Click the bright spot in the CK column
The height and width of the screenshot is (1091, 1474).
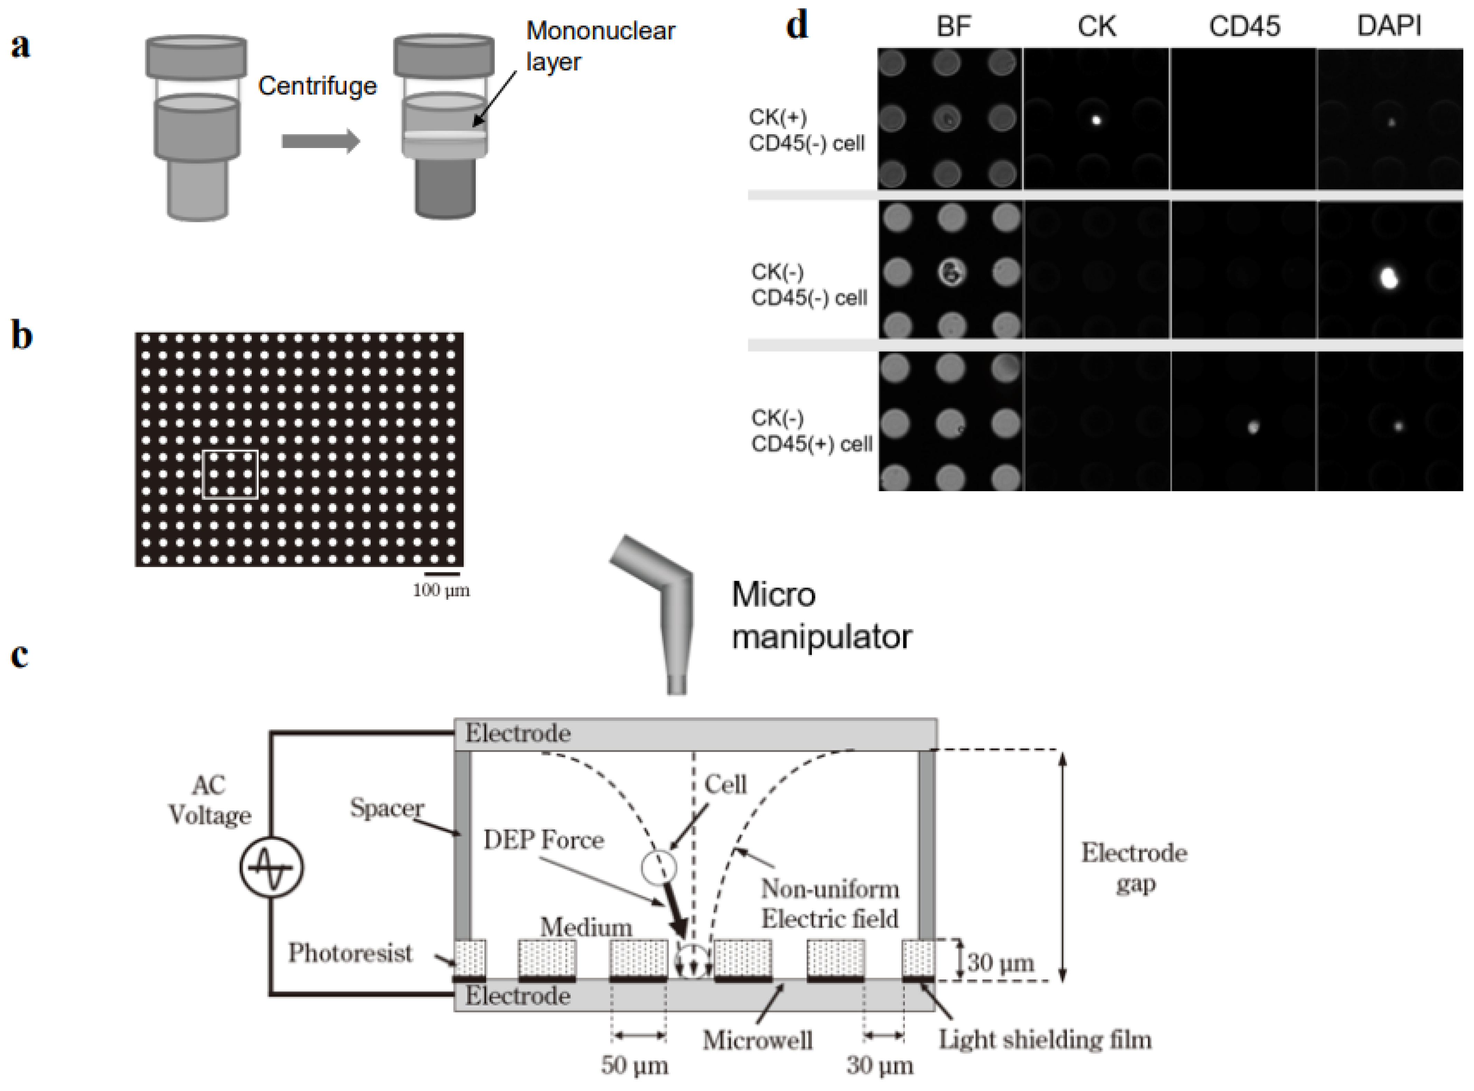click(x=1096, y=120)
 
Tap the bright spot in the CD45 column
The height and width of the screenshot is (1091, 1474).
click(x=1253, y=427)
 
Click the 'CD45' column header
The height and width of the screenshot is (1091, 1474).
click(x=1244, y=26)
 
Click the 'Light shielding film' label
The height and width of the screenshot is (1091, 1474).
click(x=1045, y=1040)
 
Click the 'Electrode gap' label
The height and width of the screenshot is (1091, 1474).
click(x=1133, y=868)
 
